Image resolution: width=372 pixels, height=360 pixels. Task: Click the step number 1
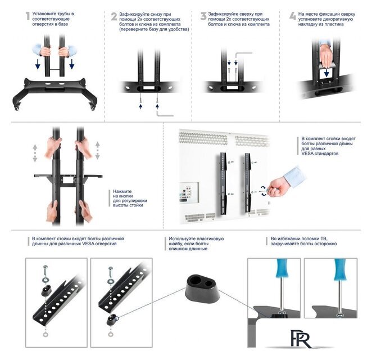pos(28,16)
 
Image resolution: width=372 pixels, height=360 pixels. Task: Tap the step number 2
pos(114,16)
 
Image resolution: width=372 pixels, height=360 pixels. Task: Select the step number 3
pos(203,16)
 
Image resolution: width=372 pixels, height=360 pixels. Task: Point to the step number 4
pos(293,16)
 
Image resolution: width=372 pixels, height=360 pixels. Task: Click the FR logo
pos(301,339)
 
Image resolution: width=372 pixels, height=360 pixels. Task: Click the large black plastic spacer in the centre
pos(202,289)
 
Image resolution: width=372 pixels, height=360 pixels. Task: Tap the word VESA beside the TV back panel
pos(307,154)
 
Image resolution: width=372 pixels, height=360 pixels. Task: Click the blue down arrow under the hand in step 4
pos(326,73)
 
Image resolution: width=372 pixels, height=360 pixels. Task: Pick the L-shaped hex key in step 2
pos(165,114)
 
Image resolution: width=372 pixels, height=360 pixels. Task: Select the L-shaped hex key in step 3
pos(243,55)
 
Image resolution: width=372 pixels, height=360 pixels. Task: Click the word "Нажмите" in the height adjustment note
pos(122,191)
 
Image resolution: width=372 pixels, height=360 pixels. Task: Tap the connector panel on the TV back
pos(189,192)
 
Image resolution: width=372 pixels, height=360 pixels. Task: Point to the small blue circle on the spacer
pos(115,317)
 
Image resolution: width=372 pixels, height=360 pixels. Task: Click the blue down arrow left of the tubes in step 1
pos(38,64)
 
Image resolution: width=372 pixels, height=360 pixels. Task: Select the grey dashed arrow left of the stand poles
pos(35,153)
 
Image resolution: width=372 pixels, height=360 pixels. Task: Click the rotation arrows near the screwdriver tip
pos(264,191)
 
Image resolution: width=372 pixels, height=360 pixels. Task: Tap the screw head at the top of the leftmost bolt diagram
pos(46,267)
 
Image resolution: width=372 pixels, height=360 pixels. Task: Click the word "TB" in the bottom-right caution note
pos(324,238)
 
